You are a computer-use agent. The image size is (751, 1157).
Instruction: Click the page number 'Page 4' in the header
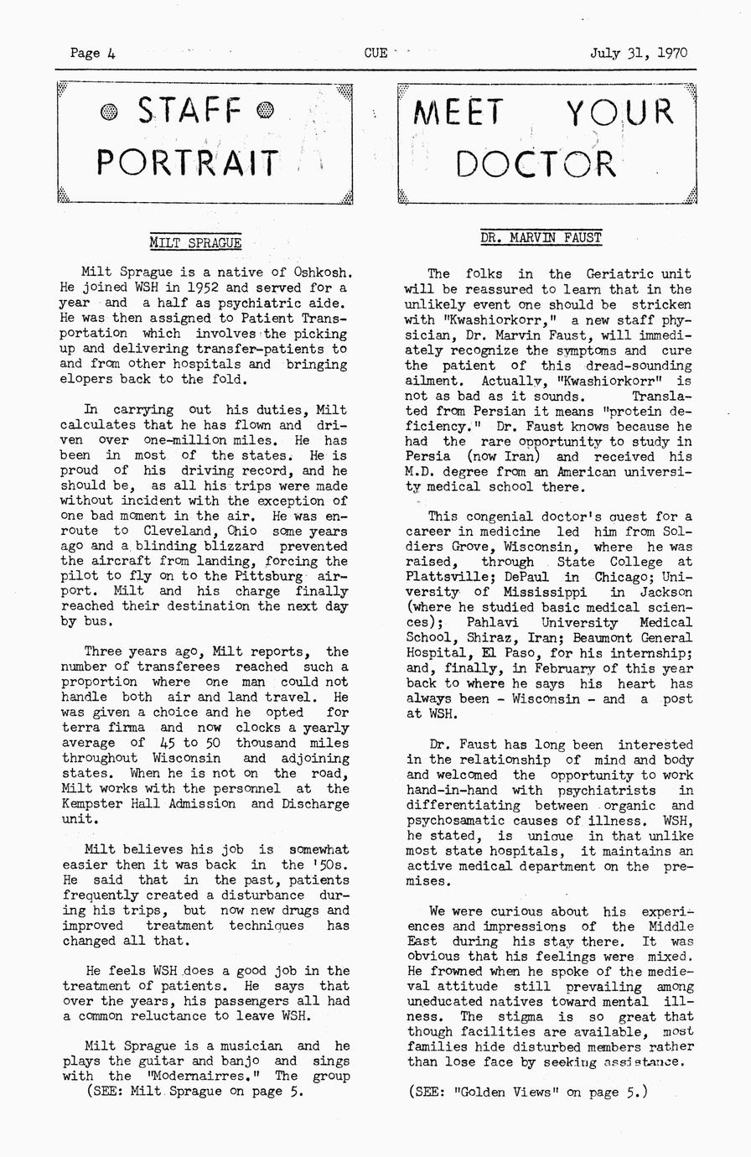coord(92,53)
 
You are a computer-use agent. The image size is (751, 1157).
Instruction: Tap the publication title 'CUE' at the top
coord(375,53)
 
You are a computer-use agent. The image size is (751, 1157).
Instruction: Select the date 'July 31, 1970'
coord(638,53)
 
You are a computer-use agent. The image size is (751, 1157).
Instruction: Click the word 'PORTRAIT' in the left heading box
coord(187,162)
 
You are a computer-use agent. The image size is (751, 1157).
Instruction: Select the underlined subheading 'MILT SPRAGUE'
coord(195,243)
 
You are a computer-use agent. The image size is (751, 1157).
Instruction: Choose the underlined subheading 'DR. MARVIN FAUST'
coord(541,237)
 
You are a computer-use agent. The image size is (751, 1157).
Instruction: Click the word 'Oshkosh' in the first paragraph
coord(320,272)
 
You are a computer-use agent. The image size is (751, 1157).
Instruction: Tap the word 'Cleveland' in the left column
coord(182,531)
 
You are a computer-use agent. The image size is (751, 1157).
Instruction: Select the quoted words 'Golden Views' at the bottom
coord(508,1092)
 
